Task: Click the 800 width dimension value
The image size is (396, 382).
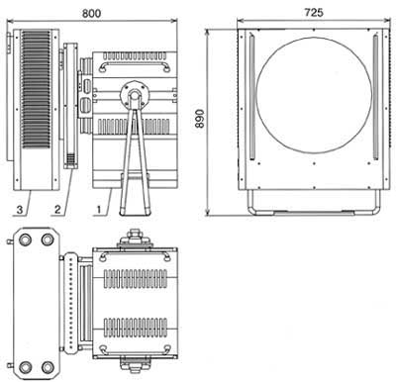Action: coord(91,13)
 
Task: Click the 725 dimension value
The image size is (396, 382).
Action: coord(314,13)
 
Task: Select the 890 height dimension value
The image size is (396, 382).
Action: coord(200,119)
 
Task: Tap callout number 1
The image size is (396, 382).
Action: coord(98,209)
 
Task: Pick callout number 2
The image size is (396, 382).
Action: coord(57,209)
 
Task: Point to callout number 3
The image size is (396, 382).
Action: coord(20,209)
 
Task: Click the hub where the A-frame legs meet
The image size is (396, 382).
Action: coord(134,94)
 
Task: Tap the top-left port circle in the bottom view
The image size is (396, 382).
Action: coord(25,239)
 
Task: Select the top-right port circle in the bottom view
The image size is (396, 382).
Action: coord(48,239)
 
